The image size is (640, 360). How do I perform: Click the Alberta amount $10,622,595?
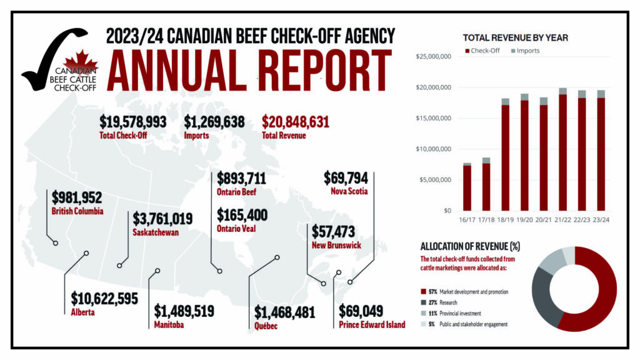(104, 298)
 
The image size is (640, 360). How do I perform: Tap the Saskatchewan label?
(156, 232)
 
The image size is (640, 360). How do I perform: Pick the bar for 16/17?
(467, 187)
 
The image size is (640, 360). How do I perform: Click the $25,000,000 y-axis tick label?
(432, 57)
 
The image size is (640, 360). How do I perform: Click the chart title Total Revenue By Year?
(515, 37)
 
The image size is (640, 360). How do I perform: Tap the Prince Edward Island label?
(371, 325)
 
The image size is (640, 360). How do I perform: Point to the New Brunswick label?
(336, 246)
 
